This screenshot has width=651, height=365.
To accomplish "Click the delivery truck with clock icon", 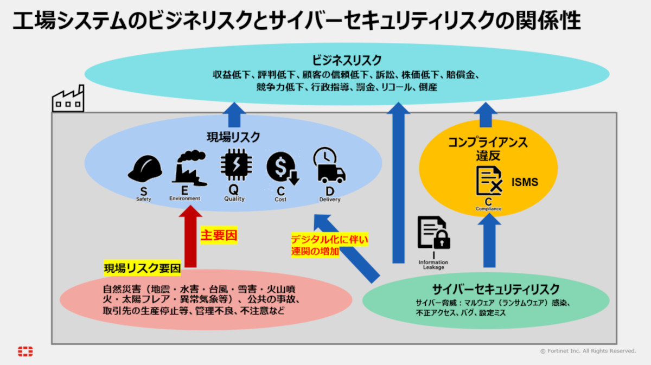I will pos(329,165).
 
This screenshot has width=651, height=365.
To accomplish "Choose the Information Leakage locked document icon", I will pos(433,233).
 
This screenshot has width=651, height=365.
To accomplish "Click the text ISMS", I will pos(525,182).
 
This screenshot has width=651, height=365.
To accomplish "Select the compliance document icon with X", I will pos(489,181).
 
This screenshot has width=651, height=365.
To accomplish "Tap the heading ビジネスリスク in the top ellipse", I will pos(347,60).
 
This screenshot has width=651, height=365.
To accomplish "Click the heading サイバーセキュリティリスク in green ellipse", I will pos(488,289).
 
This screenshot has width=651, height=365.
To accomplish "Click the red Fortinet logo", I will pos(25,351).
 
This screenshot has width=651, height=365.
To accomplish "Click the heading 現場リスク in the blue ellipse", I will pos(233,137).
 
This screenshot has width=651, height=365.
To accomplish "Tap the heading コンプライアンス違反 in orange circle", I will pos(488,149).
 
